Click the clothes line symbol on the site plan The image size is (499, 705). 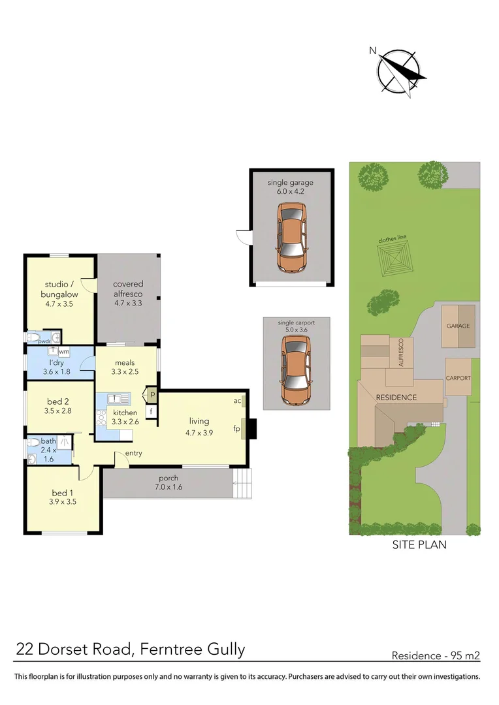[x=396, y=260]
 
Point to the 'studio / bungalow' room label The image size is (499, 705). [x=61, y=293]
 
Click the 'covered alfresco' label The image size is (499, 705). [x=128, y=293]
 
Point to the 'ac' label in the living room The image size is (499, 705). [x=238, y=401]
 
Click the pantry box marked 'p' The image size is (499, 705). [x=152, y=395]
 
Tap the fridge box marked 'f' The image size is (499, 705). [x=152, y=412]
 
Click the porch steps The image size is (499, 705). [x=242, y=485]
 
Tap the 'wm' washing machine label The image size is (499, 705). [x=63, y=352]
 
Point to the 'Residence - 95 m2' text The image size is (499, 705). [x=436, y=655]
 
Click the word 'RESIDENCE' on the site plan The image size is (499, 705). [x=396, y=397]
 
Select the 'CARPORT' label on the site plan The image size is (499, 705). [x=459, y=378]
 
